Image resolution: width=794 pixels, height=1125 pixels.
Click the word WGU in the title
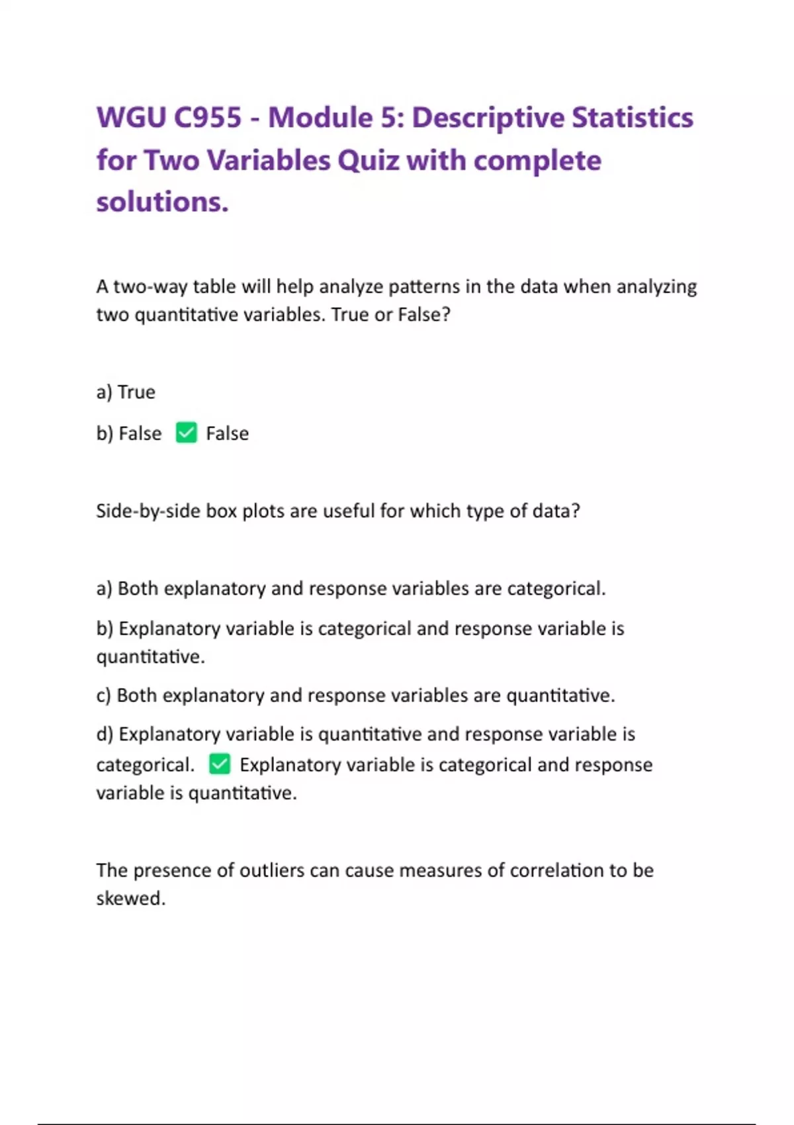point(130,118)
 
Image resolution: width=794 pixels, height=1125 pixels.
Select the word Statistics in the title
point(632,118)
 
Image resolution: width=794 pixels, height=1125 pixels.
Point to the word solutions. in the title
point(162,202)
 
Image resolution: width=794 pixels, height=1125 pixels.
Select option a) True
point(126,392)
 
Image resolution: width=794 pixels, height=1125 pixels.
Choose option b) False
point(129,433)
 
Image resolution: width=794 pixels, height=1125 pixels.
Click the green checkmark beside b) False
point(187,433)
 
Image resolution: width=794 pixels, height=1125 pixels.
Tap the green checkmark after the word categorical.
point(220,764)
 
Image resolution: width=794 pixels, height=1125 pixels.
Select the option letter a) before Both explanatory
point(104,588)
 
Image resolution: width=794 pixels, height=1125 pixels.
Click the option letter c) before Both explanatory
point(103,696)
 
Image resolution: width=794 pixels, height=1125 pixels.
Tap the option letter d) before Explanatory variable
point(105,734)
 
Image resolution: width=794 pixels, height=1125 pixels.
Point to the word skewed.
point(130,899)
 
